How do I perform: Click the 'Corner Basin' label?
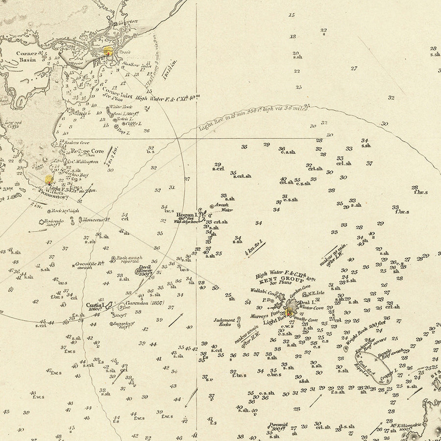tap(26, 57)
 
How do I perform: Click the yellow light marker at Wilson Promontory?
tap(49, 180)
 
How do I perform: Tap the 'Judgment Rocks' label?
tap(224, 322)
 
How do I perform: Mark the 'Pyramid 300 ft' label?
tap(278, 427)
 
